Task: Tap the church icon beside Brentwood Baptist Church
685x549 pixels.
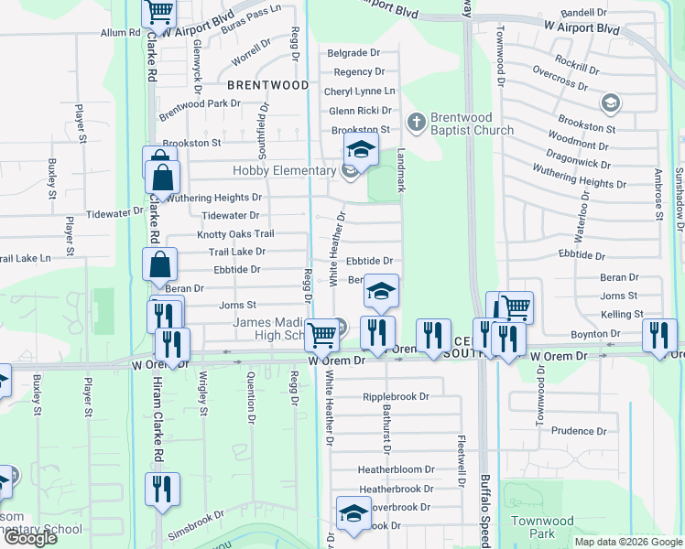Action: point(416,120)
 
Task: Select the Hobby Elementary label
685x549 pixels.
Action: point(285,170)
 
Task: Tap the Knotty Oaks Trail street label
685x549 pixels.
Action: point(235,234)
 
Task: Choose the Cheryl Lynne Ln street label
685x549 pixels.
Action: point(359,91)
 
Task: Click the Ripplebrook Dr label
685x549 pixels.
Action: point(396,397)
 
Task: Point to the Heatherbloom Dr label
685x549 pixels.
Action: point(396,469)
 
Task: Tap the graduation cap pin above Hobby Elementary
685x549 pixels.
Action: point(361,150)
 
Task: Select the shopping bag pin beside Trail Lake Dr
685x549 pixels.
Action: point(160,264)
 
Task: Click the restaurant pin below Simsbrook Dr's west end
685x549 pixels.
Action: point(162,489)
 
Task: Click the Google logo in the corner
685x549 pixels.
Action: point(30,538)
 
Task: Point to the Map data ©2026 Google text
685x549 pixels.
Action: point(627,542)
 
